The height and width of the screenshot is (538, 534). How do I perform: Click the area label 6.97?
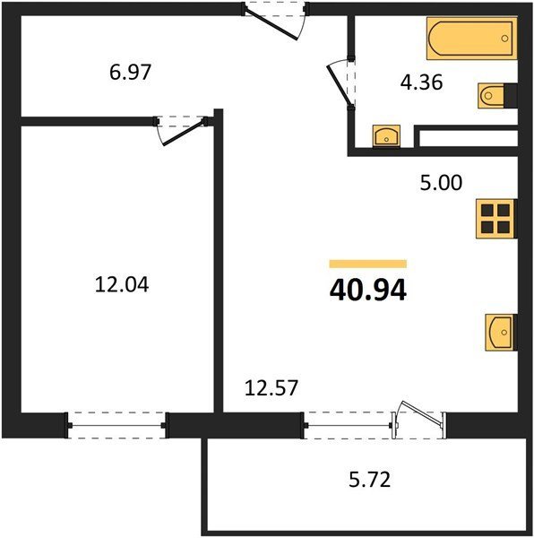coord(130,73)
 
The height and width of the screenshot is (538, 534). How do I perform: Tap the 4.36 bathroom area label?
coord(422,82)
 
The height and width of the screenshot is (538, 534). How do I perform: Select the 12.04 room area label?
coord(122,285)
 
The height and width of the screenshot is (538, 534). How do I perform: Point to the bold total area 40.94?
coord(368,291)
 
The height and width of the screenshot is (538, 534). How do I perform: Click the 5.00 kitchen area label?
coord(441,183)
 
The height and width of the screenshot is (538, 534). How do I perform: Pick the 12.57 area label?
coord(271,388)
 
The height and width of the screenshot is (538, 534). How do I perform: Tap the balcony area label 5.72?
coord(370,480)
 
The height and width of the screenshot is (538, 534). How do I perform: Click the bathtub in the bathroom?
coord(471,39)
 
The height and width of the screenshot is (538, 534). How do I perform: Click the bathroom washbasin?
coord(387,136)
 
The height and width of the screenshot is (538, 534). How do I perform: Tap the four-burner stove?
coord(495,219)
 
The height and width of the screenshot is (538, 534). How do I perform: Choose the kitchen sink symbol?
coord(500,332)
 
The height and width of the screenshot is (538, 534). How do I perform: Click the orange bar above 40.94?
coord(367,264)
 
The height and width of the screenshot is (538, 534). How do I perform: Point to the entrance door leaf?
coord(271,25)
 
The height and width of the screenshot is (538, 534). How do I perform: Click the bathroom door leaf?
coord(339,85)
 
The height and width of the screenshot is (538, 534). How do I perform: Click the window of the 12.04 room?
coord(116,425)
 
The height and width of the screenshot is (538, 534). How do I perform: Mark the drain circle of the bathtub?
coord(504,39)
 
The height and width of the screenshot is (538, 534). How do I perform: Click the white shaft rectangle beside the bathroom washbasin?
coord(469,138)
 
